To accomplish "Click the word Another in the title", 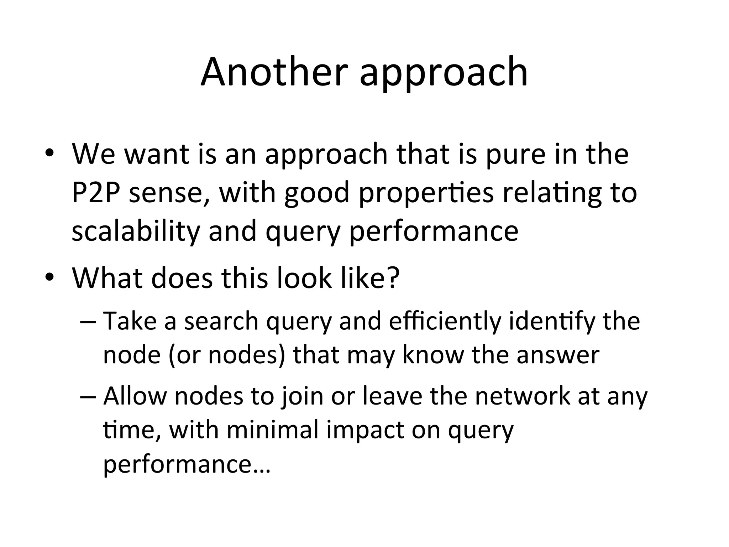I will tap(274, 72).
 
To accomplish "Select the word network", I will tap(523, 396).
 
